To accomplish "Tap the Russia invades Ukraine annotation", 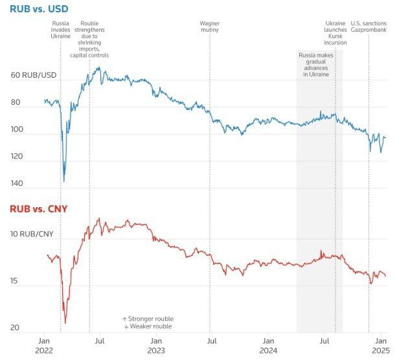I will [61, 30].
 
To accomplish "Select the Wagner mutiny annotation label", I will [210, 27].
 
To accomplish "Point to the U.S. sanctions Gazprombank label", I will [368, 27].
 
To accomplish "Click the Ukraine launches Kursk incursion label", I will [335, 33].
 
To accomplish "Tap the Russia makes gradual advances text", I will [316, 65].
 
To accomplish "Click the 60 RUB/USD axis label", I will [34, 76].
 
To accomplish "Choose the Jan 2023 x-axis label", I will [155, 345].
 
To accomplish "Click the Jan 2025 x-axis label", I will [381, 345].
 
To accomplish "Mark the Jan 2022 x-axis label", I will [43, 345].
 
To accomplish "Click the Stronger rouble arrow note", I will [148, 319].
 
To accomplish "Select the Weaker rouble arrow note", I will [148, 327].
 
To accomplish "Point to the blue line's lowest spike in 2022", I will [64, 181].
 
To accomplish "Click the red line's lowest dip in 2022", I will [65, 322].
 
